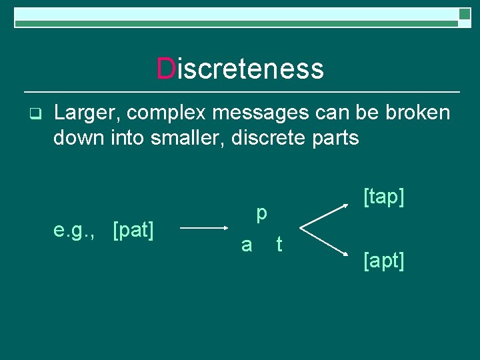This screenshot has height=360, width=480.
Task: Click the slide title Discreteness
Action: pos(240,69)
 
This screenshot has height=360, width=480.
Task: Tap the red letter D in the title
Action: pos(165,69)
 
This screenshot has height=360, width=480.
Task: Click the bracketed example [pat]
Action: pos(134,231)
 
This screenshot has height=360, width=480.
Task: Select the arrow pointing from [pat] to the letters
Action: pos(204,228)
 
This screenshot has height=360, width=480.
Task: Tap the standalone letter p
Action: pos(262,214)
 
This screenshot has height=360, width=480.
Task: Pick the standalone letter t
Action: pos(279,245)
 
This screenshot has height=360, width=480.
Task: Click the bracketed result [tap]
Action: pos(384,197)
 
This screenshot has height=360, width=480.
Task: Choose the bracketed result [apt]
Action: pos(384,261)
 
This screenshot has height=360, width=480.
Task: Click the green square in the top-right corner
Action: pos(465,13)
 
